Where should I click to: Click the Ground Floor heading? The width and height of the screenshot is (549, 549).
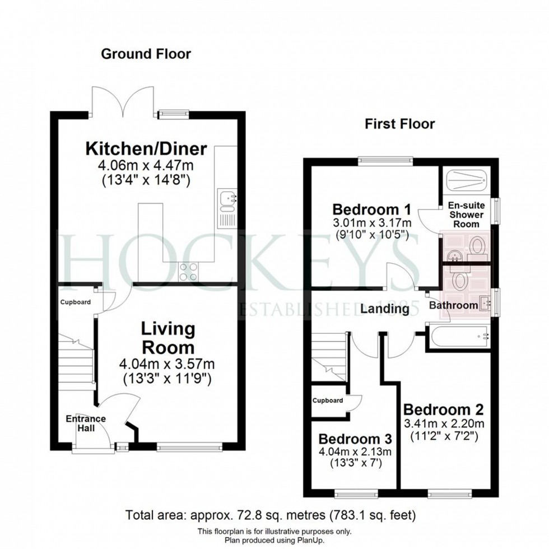pyautogui.click(x=146, y=54)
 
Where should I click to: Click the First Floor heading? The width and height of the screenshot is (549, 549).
pyautogui.click(x=399, y=124)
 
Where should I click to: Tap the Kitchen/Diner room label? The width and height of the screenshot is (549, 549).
pyautogui.click(x=146, y=149)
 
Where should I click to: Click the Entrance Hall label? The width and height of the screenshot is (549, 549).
pyautogui.click(x=85, y=423)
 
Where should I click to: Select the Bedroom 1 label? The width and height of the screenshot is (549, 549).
pyautogui.click(x=372, y=210)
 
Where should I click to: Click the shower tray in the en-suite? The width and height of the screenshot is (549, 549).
pyautogui.click(x=467, y=182)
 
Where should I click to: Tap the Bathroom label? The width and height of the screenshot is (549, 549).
pyautogui.click(x=453, y=305)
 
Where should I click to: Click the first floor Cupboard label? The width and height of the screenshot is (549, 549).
pyautogui.click(x=328, y=401)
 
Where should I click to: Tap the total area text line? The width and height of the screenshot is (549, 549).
pyautogui.click(x=271, y=514)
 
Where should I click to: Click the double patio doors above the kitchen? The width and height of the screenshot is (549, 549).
pyautogui.click(x=121, y=101)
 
